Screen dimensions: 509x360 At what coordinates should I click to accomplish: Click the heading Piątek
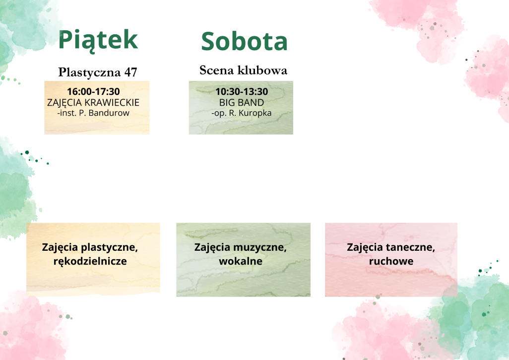(98, 40)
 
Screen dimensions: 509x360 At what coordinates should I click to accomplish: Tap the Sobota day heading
(244, 41)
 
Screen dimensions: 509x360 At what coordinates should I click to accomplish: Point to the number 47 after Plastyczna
(130, 72)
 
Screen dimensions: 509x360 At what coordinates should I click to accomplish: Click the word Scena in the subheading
(216, 70)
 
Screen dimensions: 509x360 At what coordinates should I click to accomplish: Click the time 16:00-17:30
(93, 92)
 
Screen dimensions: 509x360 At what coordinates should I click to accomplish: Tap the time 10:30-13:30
(242, 92)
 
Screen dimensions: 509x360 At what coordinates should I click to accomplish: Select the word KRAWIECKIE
(112, 103)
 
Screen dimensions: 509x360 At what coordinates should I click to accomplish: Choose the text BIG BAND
(242, 103)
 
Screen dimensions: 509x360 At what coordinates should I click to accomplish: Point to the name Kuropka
(255, 113)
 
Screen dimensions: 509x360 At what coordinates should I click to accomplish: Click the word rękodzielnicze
(90, 261)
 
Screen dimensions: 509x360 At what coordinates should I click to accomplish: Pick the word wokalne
(241, 261)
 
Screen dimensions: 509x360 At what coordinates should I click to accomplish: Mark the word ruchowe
(391, 261)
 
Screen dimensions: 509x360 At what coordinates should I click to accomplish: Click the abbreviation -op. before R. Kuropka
(219, 114)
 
